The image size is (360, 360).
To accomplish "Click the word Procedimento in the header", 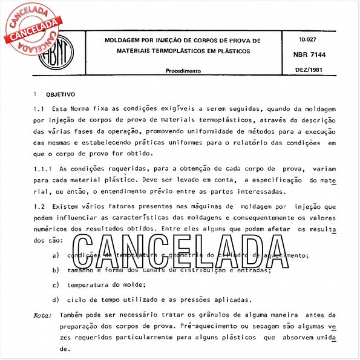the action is point(183,71).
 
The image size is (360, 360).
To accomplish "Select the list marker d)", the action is point(56,299).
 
